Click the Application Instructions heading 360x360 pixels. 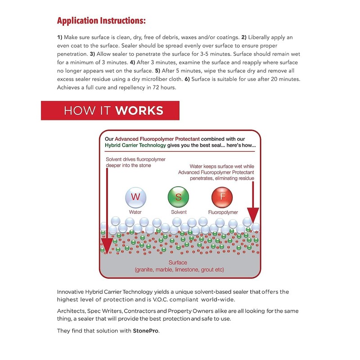[x=102, y=21]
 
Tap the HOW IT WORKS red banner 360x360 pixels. [x=110, y=111]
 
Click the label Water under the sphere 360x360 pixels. [x=135, y=211]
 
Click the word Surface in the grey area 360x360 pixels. [x=178, y=262]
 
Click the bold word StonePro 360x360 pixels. [x=147, y=331]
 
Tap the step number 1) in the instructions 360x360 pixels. [x=60, y=37]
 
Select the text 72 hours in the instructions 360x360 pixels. [x=165, y=88]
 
